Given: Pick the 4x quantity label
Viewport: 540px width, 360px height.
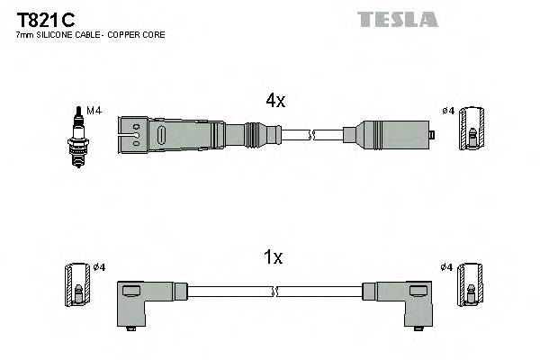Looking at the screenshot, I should click(274, 101).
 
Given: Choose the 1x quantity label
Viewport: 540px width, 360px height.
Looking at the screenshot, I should click(274, 257).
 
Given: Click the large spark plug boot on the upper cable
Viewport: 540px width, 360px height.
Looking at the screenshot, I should click(171, 135).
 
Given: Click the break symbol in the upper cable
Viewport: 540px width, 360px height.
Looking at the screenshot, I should click(311, 135).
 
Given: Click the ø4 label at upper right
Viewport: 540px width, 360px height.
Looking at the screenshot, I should click(448, 111).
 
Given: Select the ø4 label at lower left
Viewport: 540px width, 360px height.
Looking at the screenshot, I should click(98, 267).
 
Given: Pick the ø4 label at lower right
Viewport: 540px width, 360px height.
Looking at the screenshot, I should click(448, 267).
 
